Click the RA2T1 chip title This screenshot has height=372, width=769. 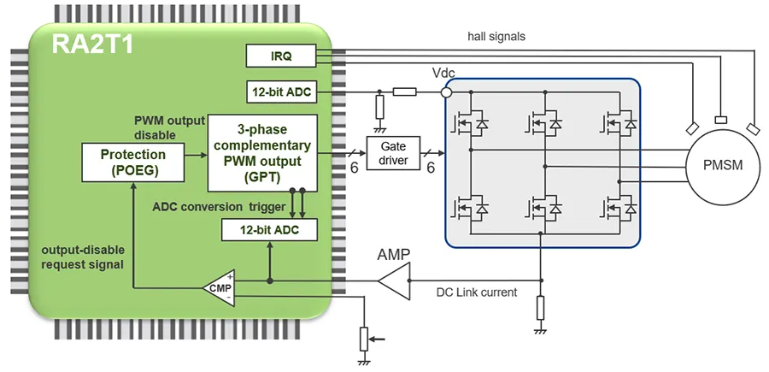click(x=93, y=45)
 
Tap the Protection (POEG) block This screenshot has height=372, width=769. click(x=132, y=162)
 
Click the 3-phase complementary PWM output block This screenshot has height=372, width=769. click(x=261, y=153)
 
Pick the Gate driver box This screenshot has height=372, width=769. click(x=395, y=154)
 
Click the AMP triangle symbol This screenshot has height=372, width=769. click(x=395, y=280)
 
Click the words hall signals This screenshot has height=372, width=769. click(x=496, y=37)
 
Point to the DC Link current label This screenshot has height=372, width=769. click(x=478, y=292)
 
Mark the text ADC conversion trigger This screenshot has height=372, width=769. click(x=219, y=207)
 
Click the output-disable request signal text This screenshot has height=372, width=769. click(x=82, y=257)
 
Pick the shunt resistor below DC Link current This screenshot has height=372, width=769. click(x=540, y=307)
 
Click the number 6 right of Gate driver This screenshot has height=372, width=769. click(x=431, y=168)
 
